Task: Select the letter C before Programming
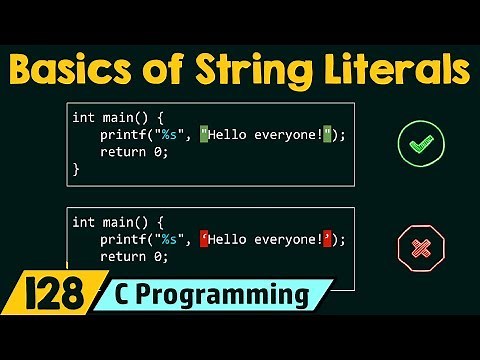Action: point(150,295)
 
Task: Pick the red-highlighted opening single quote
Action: point(205,239)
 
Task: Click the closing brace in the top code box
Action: point(76,169)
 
